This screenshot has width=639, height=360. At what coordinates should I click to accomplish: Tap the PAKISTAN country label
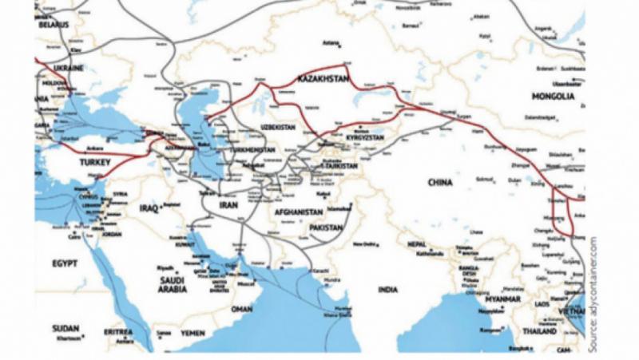click(x=324, y=228)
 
